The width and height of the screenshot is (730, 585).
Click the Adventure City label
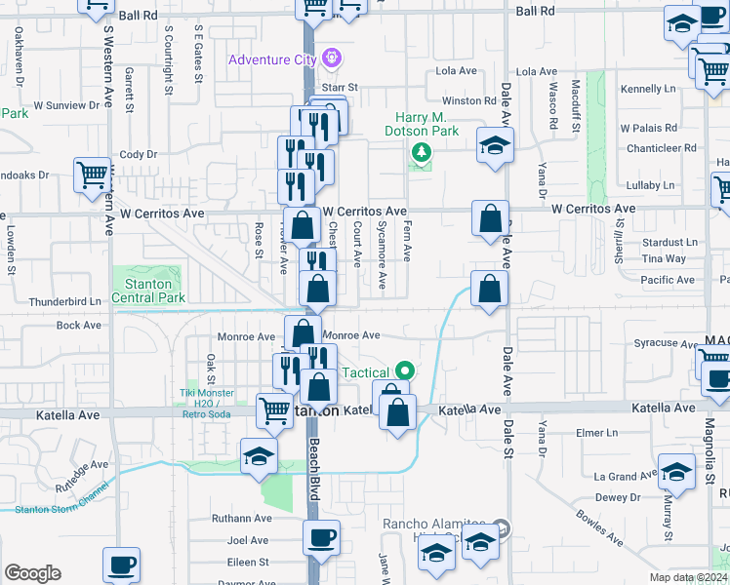pos(271,59)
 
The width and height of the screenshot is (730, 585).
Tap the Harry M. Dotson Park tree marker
pos(422,152)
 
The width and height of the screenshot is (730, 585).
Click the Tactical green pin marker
pos(402,371)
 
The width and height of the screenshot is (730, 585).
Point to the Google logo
pos(32,573)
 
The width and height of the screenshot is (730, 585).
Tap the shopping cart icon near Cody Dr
pos(93,175)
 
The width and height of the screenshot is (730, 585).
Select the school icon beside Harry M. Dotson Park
pos(495,146)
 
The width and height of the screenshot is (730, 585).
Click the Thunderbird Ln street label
pos(65,302)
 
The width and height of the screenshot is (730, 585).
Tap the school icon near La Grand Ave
pos(676,473)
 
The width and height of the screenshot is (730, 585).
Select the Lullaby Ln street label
pos(649,185)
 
